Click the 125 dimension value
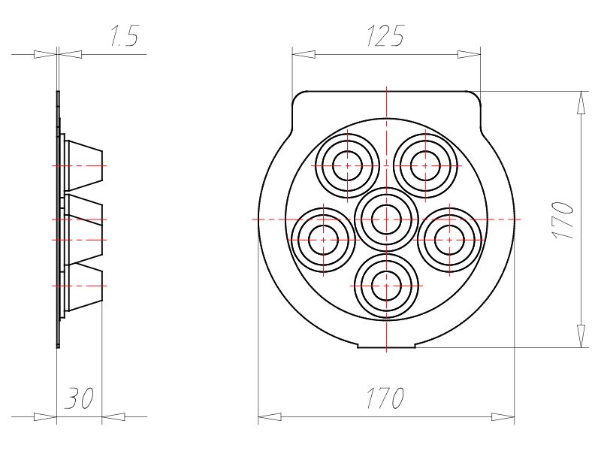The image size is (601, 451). pos(385,35)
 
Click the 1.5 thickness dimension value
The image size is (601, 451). pos(124,35)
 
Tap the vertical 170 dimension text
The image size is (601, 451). pos(564,219)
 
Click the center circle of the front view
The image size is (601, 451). pos(386,219)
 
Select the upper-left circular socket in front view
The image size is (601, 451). pos(348,165)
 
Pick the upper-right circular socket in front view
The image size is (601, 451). pos(425,165)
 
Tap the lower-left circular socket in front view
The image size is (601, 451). pos(324,240)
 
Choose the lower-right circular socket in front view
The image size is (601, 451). pos(449,240)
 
